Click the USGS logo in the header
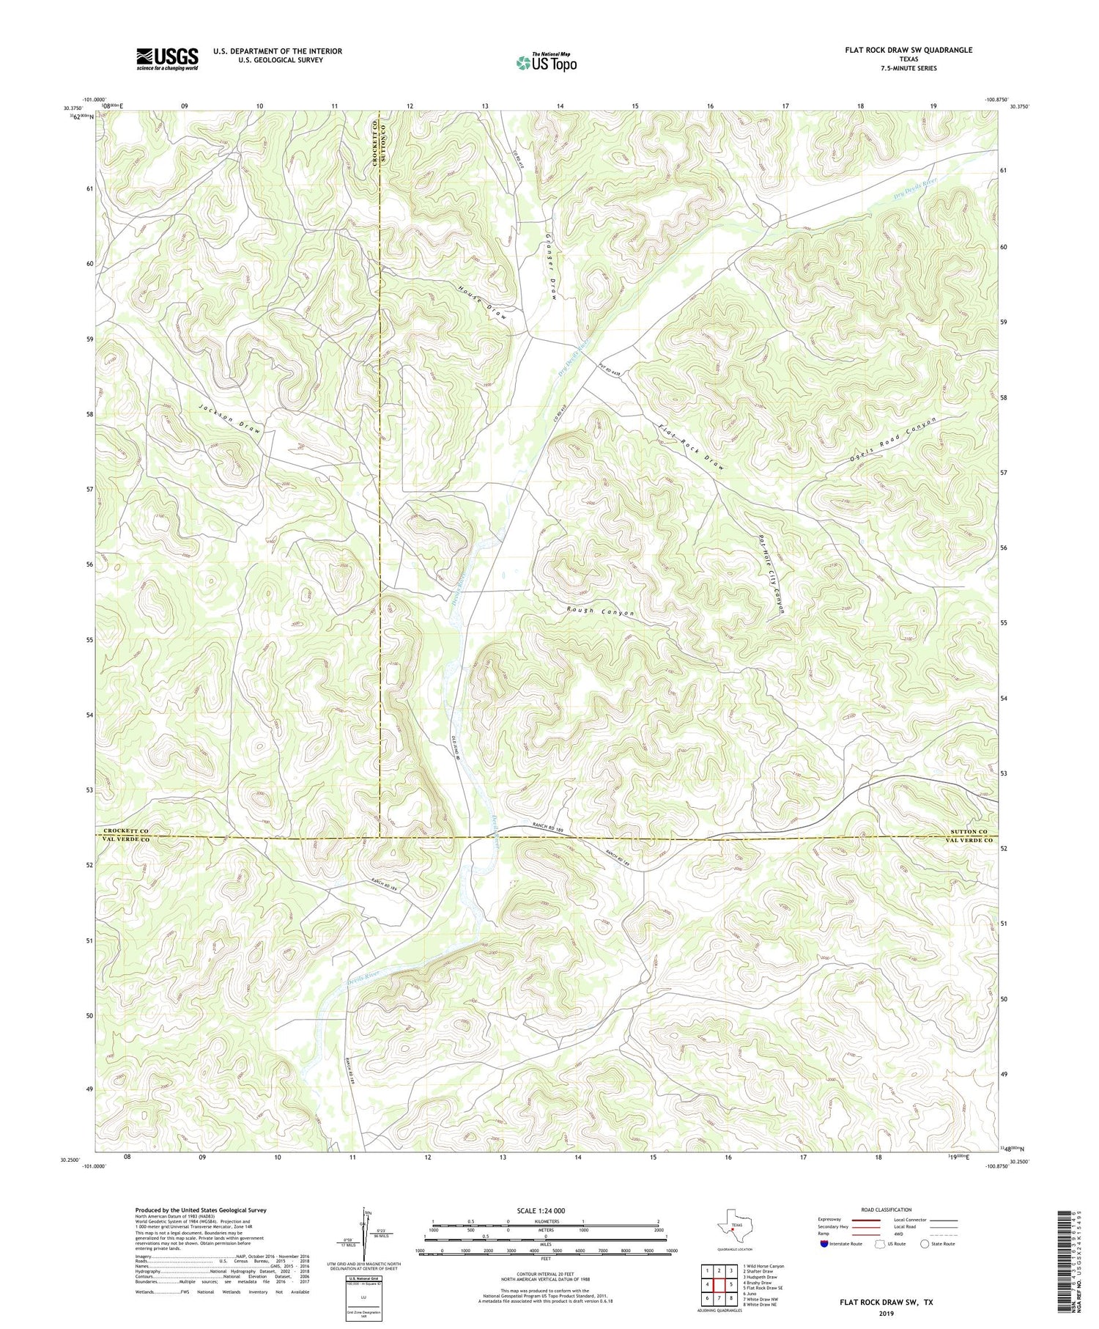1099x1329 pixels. (x=167, y=59)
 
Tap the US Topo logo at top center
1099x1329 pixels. (x=546, y=63)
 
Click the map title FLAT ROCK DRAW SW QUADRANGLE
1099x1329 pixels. (x=907, y=50)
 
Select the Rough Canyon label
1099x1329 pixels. (x=600, y=612)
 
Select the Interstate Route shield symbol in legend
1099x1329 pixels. (x=824, y=1244)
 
